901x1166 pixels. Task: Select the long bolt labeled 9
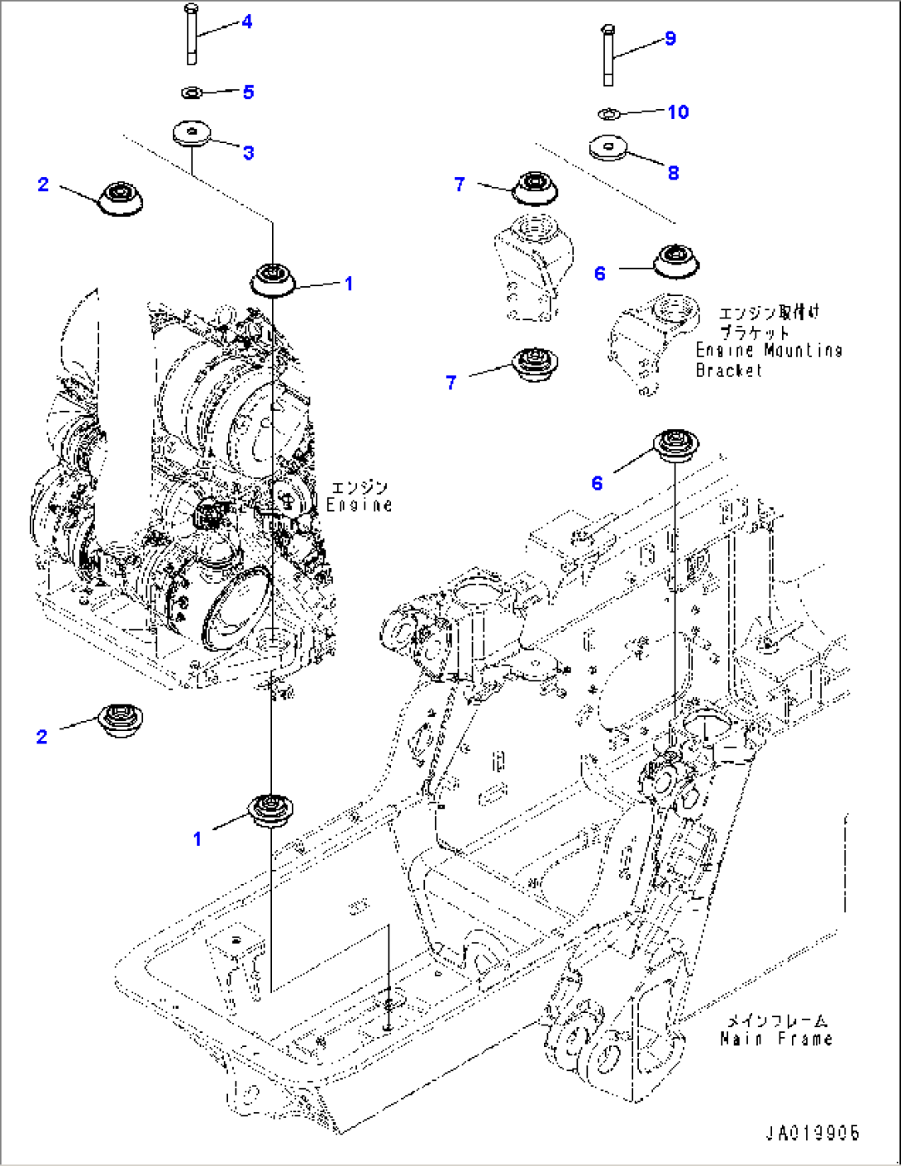click(x=609, y=55)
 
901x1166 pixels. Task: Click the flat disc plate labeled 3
click(x=192, y=132)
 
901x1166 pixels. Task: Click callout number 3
click(x=248, y=153)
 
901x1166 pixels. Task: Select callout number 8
click(x=673, y=173)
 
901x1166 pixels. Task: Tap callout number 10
click(x=678, y=112)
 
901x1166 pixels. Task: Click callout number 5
click(x=248, y=92)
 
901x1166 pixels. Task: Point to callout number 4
click(x=246, y=22)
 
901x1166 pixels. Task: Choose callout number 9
click(x=670, y=39)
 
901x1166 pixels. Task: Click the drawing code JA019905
click(x=813, y=1133)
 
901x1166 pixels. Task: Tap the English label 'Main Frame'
click(x=775, y=1039)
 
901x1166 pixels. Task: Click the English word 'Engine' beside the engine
click(x=359, y=505)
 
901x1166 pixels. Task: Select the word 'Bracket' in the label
click(x=728, y=370)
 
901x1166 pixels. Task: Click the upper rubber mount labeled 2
click(x=120, y=198)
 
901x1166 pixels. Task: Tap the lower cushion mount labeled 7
click(x=535, y=365)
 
